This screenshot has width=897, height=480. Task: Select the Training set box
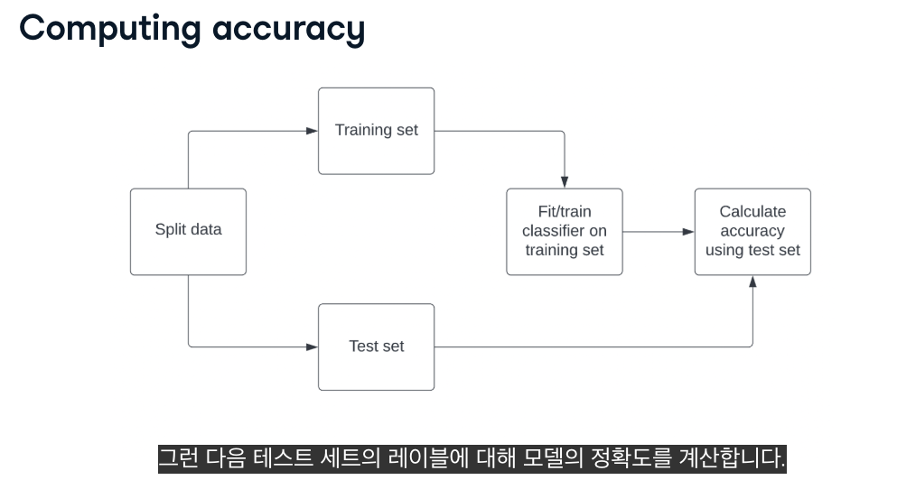[x=376, y=130]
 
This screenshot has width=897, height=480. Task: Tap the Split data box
[x=188, y=231]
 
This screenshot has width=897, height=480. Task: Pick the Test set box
[x=376, y=346]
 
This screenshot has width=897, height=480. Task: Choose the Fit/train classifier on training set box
[x=564, y=231]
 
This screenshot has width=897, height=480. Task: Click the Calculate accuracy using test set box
[x=752, y=231]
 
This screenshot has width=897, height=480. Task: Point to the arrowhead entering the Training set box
[x=312, y=131]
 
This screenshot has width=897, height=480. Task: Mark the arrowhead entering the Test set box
[x=312, y=346]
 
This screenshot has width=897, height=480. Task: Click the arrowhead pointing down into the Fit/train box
[x=565, y=182]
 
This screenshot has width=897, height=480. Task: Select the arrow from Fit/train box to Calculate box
[x=658, y=232]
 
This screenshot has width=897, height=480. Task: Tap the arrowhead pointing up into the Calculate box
[x=752, y=282]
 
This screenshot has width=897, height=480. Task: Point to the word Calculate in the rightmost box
[x=752, y=212]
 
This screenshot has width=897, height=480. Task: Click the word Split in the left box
[x=169, y=229]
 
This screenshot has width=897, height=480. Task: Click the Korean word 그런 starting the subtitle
[x=178, y=457]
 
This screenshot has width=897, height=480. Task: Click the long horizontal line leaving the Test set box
[x=587, y=346]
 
